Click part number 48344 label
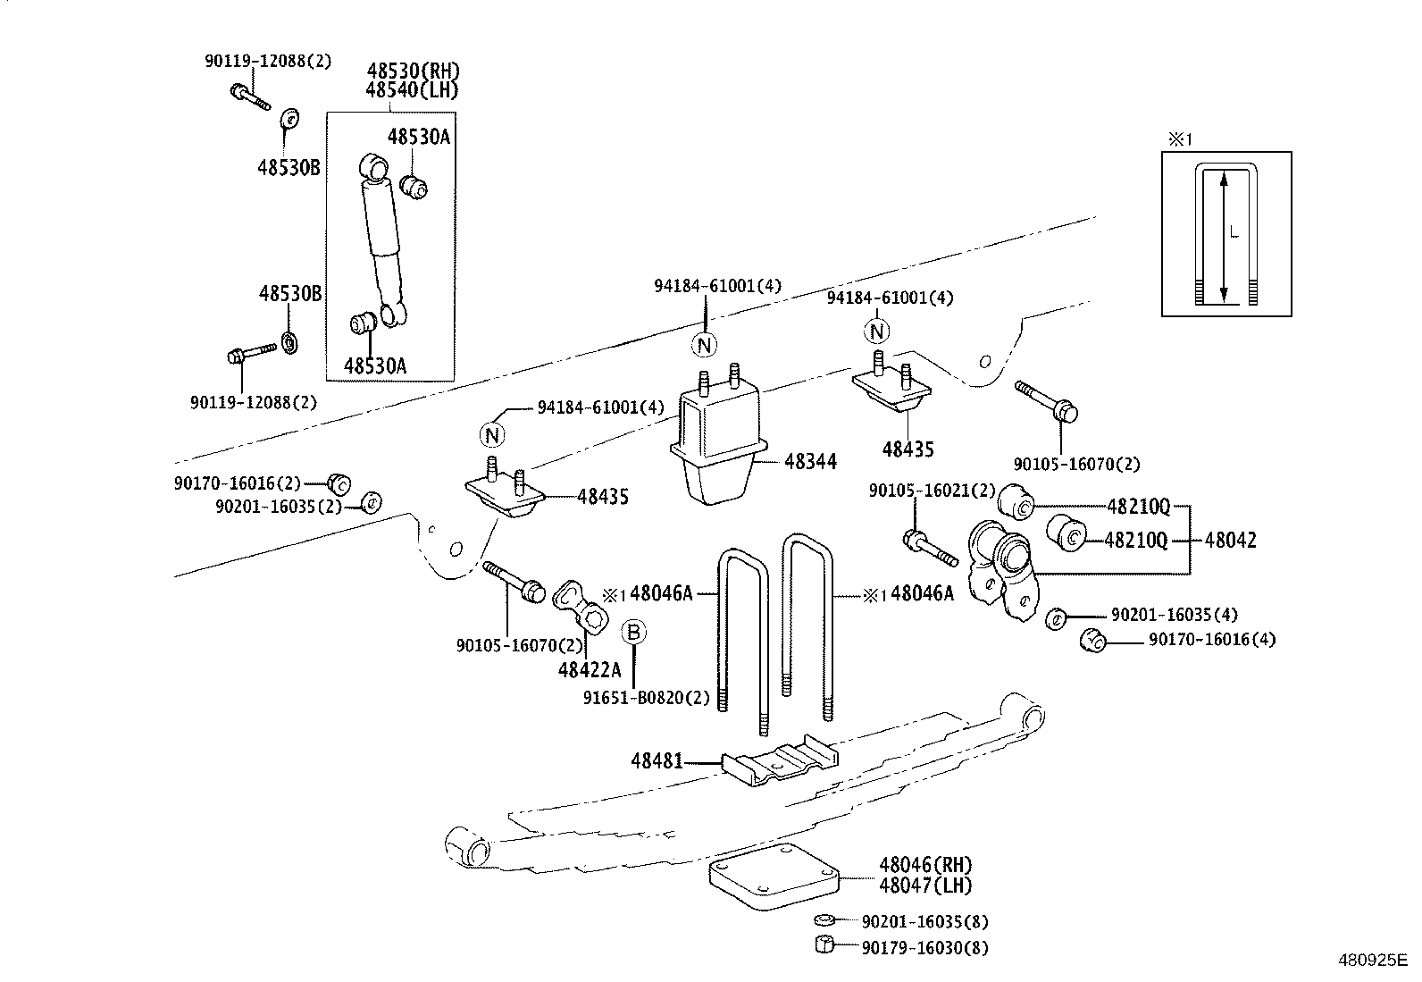pos(810,462)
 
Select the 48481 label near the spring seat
pos(657,761)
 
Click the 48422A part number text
pos(589,669)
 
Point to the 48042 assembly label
pos(1230,540)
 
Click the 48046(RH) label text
pos(924,865)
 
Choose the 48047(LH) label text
pos(924,885)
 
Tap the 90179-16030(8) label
pos(924,948)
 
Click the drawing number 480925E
pos(1371,961)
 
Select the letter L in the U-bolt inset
pos(1234,233)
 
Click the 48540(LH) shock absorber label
pos(413,89)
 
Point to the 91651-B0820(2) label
pos(647,698)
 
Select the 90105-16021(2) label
pos(932,491)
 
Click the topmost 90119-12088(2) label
pos(268,61)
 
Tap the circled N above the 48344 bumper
pos(705,345)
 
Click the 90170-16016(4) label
pos(1211,639)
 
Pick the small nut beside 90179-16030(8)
pos(825,945)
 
